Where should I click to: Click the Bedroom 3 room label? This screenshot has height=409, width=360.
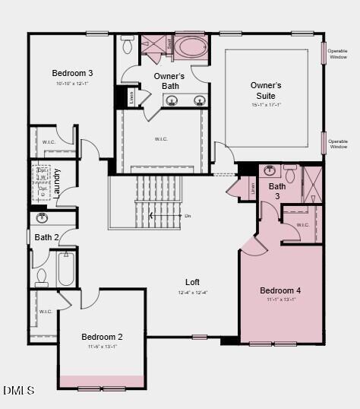point(73,73)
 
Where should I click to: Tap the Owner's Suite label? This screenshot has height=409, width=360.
point(266,90)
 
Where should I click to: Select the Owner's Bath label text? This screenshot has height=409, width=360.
point(169,81)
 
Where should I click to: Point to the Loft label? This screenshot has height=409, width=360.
point(192,282)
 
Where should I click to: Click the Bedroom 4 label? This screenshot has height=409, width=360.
point(280,290)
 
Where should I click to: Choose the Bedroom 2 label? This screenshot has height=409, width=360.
point(103,337)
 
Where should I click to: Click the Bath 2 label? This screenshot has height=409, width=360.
point(47,237)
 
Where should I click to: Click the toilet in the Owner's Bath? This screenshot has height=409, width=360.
point(128,45)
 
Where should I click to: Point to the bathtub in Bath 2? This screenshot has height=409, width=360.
point(67,269)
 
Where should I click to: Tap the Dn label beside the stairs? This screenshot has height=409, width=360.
point(188,216)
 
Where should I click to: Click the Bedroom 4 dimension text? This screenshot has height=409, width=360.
point(280,300)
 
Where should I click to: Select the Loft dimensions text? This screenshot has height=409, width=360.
point(192,292)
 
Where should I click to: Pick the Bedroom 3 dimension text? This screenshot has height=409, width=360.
point(72,83)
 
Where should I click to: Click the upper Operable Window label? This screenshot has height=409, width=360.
point(338,54)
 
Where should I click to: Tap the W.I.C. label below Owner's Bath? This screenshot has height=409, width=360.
point(161,139)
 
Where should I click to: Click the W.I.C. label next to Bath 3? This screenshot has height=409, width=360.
point(302,225)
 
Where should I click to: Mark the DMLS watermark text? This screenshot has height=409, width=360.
point(19,391)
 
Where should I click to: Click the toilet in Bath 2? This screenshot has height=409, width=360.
point(41,277)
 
